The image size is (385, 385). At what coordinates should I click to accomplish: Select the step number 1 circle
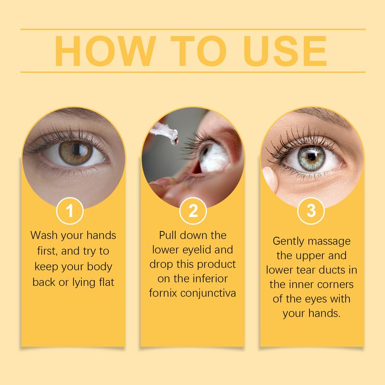pyautogui.click(x=70, y=211)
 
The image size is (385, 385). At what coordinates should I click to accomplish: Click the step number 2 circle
pyautogui.click(x=193, y=211)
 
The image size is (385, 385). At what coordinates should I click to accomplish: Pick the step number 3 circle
pyautogui.click(x=311, y=211)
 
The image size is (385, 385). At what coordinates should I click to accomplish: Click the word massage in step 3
pyautogui.click(x=334, y=241)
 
